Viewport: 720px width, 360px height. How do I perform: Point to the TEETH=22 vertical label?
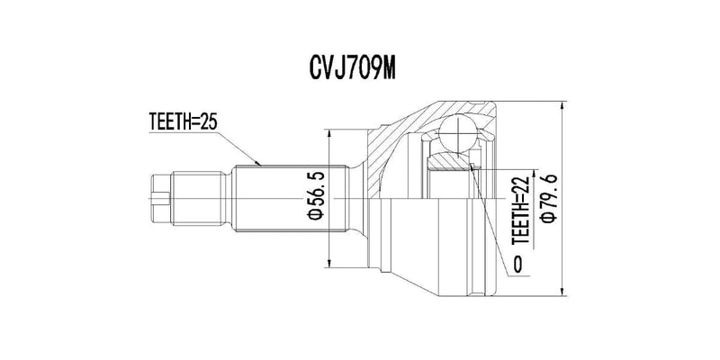[x=519, y=211]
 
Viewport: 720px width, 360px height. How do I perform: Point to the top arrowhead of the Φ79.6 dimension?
[x=562, y=102]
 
